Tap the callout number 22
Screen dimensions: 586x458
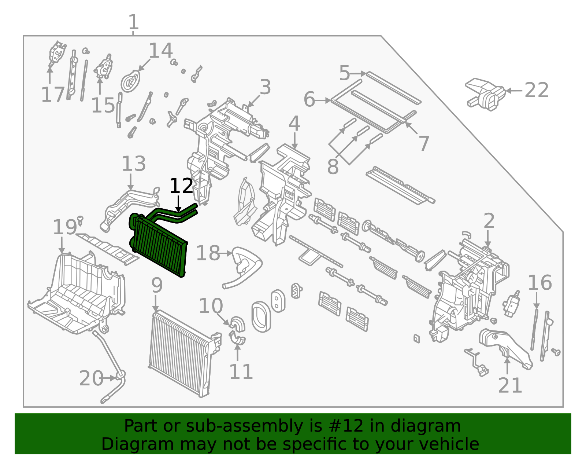(x=537, y=90)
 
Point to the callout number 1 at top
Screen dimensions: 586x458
(x=133, y=22)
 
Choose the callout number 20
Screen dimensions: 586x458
(x=91, y=378)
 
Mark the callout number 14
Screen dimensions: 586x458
(x=161, y=51)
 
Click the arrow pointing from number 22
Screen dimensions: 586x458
(x=514, y=91)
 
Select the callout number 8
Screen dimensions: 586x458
(x=333, y=166)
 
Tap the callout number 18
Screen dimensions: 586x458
(x=208, y=253)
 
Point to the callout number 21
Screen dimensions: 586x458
(x=510, y=385)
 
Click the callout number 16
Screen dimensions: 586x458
(x=539, y=283)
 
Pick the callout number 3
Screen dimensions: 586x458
(x=266, y=87)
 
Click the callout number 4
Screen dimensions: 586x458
(x=294, y=124)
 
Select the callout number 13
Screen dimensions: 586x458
(x=134, y=164)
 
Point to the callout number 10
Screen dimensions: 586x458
(x=211, y=306)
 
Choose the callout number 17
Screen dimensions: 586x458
(x=53, y=95)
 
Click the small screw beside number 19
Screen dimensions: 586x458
(x=80, y=220)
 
